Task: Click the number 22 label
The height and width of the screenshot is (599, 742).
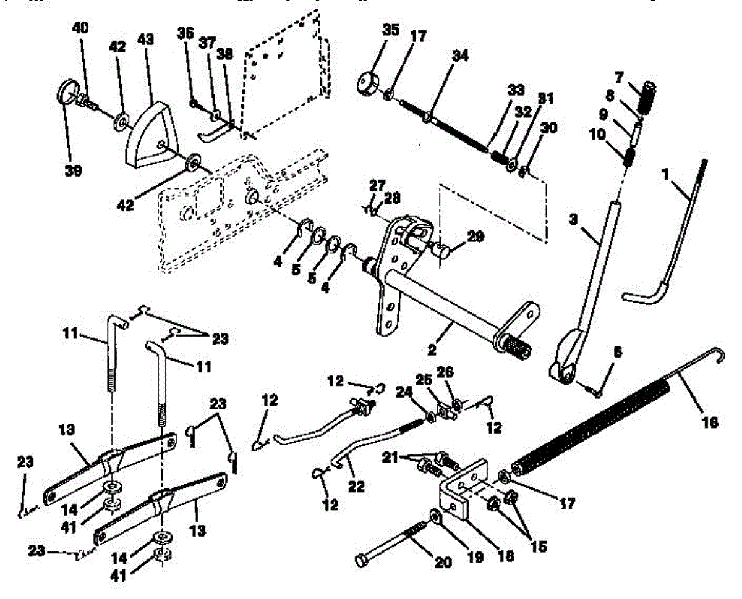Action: click(357, 487)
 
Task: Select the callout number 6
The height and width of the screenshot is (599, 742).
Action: click(617, 352)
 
